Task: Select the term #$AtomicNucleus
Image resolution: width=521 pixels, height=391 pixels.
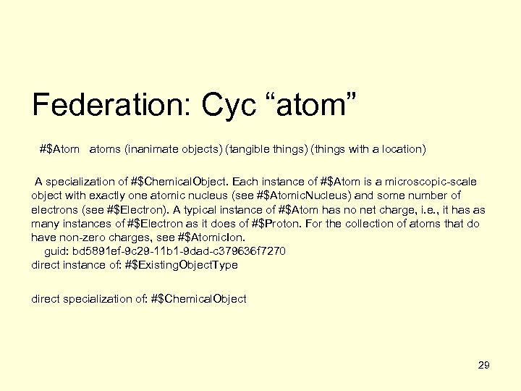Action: (305, 195)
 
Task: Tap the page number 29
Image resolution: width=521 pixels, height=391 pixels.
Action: (484, 364)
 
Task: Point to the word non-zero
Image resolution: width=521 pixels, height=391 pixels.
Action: (81, 237)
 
